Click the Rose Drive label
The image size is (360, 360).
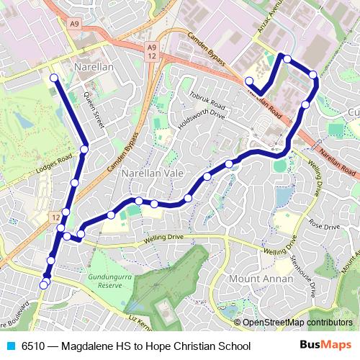[324, 225]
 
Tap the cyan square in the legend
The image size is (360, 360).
[9, 346]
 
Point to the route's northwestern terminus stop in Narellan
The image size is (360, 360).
[54, 78]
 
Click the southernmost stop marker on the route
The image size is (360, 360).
[44, 285]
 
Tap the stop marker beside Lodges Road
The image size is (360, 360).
[84, 149]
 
